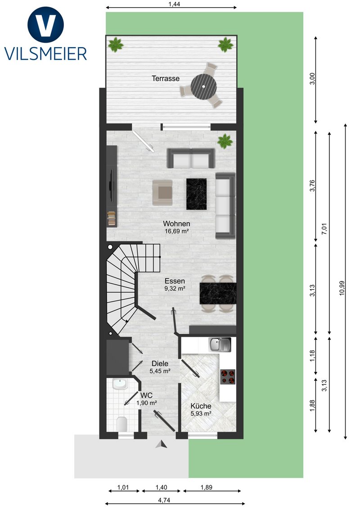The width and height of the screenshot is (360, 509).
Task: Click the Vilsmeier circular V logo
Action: pos(45,25)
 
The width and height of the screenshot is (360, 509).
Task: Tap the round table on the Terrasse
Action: pos(204,87)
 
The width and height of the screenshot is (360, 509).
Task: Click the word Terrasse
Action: pos(166,78)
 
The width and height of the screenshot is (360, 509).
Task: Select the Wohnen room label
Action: pos(176,223)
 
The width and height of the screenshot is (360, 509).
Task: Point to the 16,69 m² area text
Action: pos(177,232)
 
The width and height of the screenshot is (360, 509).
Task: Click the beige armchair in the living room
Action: pos(162,192)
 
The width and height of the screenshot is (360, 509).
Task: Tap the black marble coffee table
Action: pos(197,194)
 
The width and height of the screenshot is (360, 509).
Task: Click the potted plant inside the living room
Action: pos(225,141)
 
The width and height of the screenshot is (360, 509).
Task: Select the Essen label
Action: pos(175,281)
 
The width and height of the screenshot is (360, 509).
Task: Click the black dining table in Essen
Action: pos(218,294)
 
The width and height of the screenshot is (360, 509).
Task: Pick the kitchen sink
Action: pos(220,344)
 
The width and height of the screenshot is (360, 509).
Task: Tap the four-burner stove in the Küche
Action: pos(228,377)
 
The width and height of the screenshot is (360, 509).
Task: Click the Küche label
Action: pos(201,406)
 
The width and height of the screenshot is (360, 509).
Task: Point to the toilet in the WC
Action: pos(121,423)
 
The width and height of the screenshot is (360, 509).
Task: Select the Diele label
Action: pos(160,364)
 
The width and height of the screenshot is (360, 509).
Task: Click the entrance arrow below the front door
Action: pos(162,444)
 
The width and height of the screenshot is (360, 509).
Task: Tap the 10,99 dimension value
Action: pos(342,288)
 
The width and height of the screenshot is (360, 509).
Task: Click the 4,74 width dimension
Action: pos(164,500)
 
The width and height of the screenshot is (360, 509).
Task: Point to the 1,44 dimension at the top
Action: pos(175,4)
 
